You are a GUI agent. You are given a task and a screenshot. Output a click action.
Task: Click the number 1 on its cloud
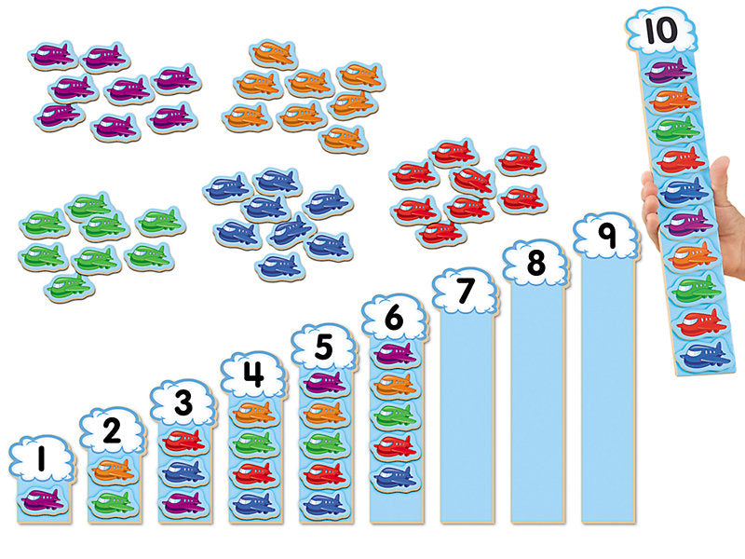click(x=41, y=459)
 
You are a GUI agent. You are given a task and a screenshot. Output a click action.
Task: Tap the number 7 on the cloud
click(x=465, y=292)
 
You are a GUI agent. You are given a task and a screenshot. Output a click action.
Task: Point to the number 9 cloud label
click(x=607, y=237)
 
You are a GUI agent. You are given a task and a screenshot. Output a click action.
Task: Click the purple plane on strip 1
click(x=42, y=501)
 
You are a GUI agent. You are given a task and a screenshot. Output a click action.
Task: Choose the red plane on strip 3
click(x=183, y=442)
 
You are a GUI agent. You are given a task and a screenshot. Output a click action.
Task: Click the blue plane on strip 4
click(x=253, y=504)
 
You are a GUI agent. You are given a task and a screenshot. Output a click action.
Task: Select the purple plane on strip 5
click(x=324, y=383)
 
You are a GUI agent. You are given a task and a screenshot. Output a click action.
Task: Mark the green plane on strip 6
click(x=395, y=415)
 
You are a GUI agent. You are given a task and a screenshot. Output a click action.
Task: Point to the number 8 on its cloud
click(x=535, y=264)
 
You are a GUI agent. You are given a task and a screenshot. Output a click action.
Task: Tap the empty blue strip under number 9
click(x=607, y=391)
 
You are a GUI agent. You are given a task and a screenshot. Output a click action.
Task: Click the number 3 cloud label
click(x=183, y=403)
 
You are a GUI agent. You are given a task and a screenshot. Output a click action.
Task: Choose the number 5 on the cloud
click(x=323, y=347)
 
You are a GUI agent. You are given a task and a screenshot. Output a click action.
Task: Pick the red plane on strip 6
click(x=395, y=445)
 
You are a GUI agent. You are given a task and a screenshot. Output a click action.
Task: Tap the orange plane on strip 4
click(x=253, y=411)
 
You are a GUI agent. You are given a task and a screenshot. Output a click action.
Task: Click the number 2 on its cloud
click(x=112, y=430)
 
